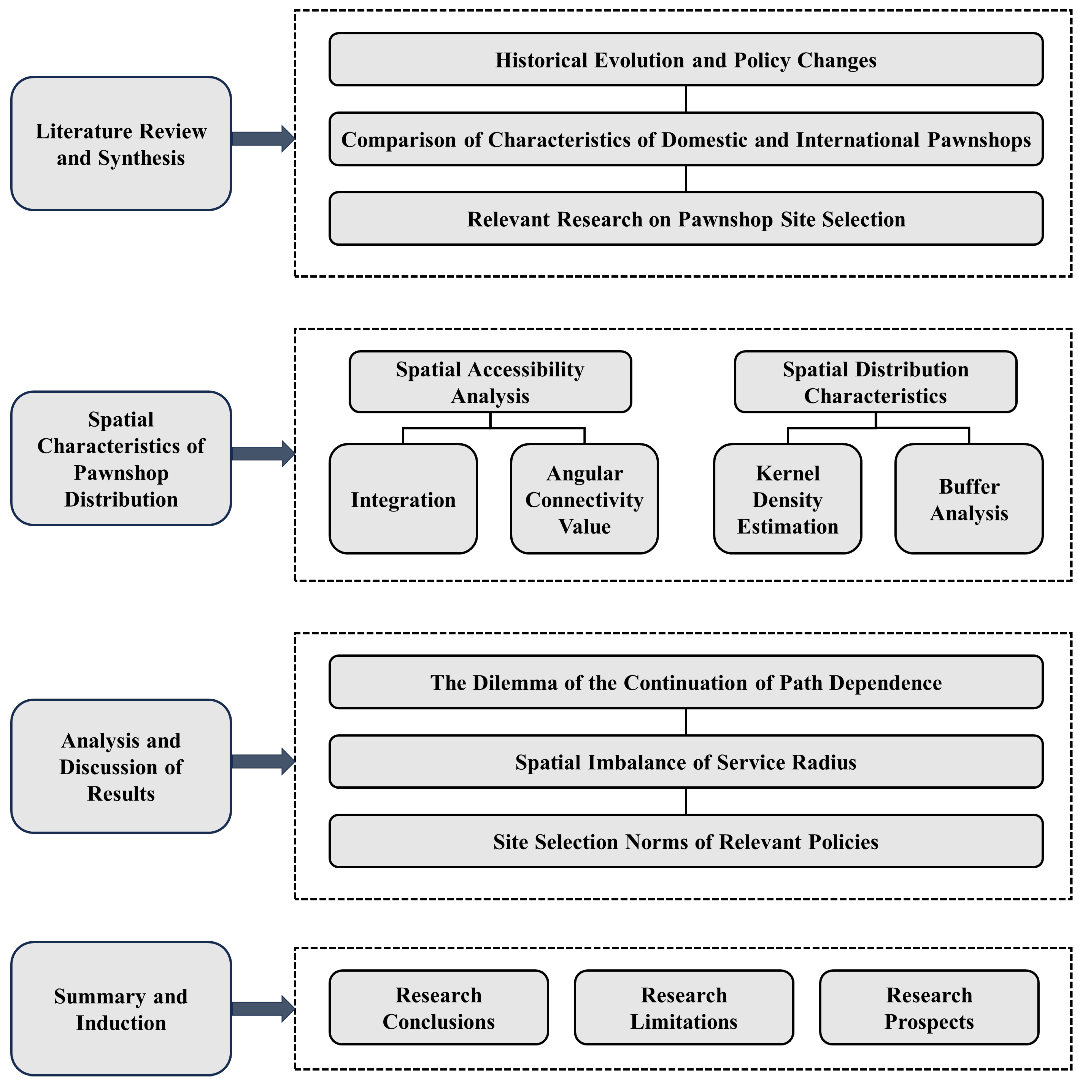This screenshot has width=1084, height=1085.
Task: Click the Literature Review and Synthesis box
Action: (121, 144)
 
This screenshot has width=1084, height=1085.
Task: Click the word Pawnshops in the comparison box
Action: (979, 139)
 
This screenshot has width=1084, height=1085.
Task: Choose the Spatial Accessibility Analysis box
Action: (490, 382)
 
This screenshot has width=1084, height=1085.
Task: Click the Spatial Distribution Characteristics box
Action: (876, 382)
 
